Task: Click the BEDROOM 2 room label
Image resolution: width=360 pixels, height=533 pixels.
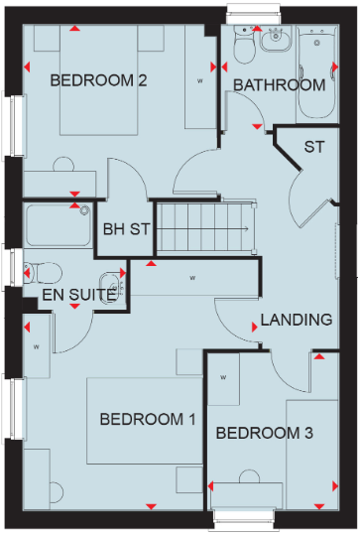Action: click(99, 80)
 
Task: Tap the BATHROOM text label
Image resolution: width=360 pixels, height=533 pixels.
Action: click(279, 85)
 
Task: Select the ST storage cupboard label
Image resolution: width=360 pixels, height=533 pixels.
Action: click(314, 147)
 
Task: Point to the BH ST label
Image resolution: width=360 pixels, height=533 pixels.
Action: click(126, 229)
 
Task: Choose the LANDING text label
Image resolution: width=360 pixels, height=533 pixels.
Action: click(296, 320)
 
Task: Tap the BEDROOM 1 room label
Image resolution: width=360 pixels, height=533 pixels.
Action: click(148, 420)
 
